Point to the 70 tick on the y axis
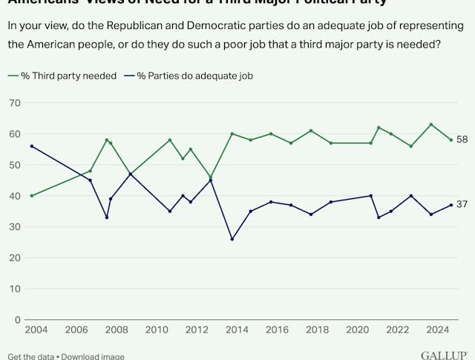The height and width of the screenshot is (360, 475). click(13, 103)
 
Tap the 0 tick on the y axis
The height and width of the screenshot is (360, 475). click(16, 320)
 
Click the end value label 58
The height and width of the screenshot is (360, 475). click(462, 140)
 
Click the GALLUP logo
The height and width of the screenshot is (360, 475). click(443, 356)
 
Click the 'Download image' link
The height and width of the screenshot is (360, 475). click(93, 356)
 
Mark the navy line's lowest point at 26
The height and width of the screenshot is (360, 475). click(232, 239)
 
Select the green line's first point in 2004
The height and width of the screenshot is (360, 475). click(31, 196)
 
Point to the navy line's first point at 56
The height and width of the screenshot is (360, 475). click(31, 146)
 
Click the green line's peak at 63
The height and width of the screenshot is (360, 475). click(431, 125)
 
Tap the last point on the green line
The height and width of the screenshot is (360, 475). click(451, 140)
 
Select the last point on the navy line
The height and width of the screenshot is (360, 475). click(451, 205)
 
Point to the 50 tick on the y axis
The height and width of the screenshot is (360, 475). click(13, 165)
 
